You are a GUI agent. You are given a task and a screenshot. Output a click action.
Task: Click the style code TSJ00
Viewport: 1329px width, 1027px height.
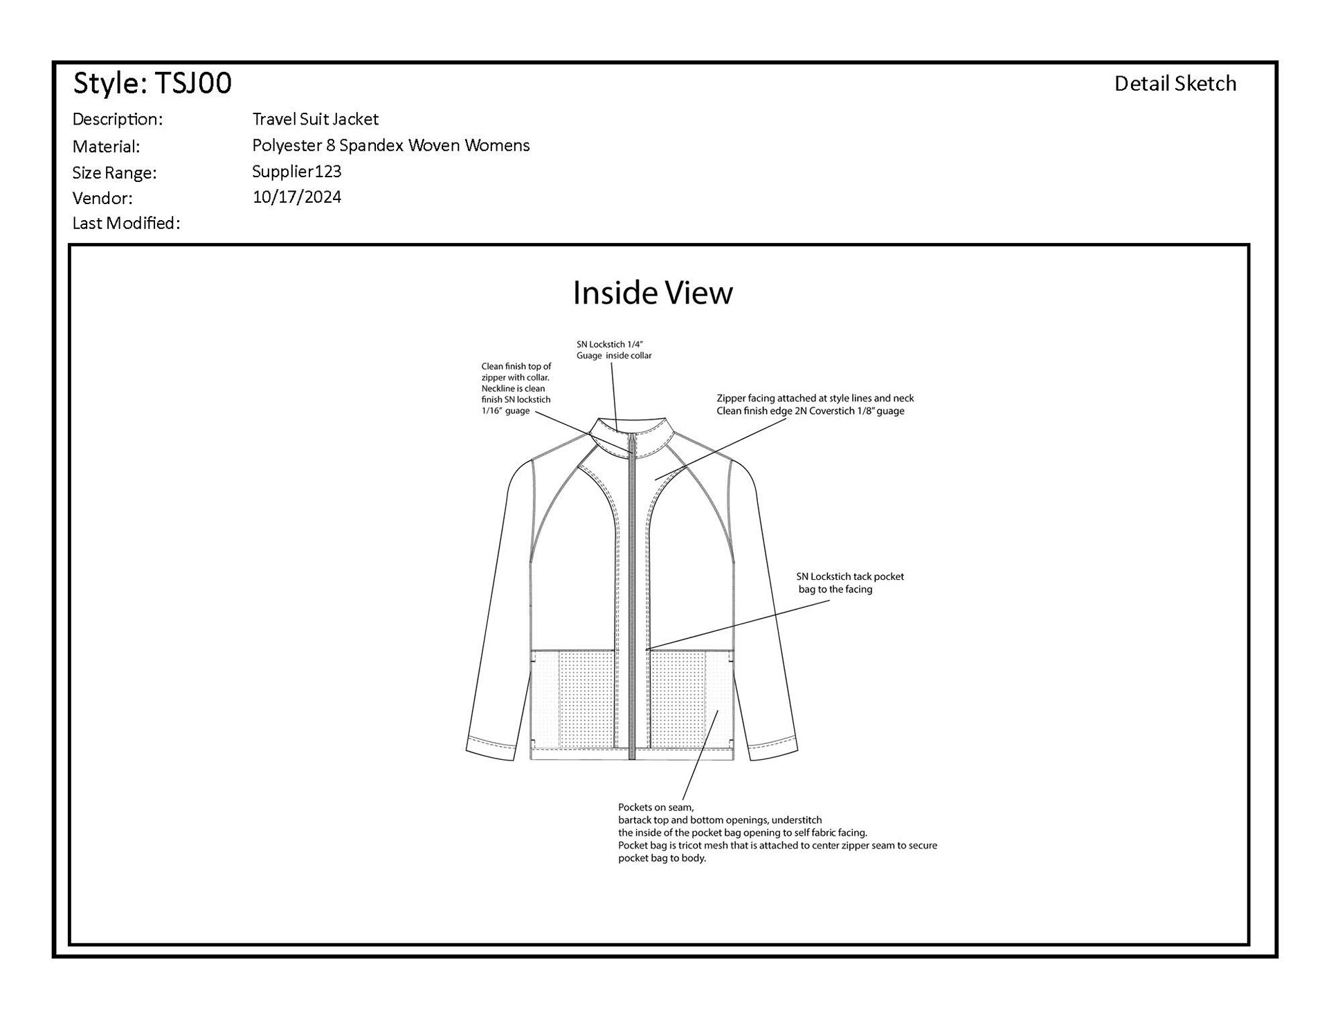click(192, 83)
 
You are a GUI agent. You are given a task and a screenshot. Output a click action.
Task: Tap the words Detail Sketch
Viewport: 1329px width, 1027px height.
click(1175, 84)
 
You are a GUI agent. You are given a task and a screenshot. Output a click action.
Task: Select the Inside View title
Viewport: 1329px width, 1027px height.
click(652, 293)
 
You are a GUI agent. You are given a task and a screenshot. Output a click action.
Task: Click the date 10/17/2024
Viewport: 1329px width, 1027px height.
click(296, 197)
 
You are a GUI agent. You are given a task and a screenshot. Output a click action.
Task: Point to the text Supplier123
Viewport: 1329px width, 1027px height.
click(296, 171)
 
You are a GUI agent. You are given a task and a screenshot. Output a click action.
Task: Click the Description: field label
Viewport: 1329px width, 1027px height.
click(117, 119)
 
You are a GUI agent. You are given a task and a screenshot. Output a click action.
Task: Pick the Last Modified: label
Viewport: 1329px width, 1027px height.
click(126, 223)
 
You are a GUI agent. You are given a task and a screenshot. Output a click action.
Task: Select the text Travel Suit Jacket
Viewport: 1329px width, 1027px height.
click(315, 119)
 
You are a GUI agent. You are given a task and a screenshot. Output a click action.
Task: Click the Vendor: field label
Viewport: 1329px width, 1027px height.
click(102, 198)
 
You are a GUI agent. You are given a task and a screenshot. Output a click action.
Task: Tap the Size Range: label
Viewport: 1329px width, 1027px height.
click(114, 172)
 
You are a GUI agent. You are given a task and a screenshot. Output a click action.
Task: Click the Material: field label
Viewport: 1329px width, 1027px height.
click(106, 146)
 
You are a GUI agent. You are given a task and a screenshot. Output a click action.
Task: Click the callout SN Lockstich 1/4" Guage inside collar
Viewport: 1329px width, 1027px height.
click(614, 349)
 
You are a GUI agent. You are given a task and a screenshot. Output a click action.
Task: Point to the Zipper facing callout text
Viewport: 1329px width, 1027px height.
click(815, 404)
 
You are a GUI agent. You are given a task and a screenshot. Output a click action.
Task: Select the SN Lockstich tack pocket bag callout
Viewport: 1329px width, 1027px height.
click(849, 583)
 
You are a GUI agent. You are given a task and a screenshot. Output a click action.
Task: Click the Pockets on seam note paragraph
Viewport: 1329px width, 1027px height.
click(777, 833)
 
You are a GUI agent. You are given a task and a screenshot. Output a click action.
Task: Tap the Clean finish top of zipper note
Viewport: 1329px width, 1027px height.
click(516, 388)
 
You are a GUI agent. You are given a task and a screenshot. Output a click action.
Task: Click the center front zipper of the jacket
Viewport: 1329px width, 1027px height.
click(632, 595)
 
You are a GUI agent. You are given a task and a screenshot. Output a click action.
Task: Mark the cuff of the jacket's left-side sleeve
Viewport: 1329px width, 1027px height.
click(491, 749)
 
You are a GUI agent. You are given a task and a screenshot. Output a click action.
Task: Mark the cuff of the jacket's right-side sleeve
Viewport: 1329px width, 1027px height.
click(773, 749)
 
